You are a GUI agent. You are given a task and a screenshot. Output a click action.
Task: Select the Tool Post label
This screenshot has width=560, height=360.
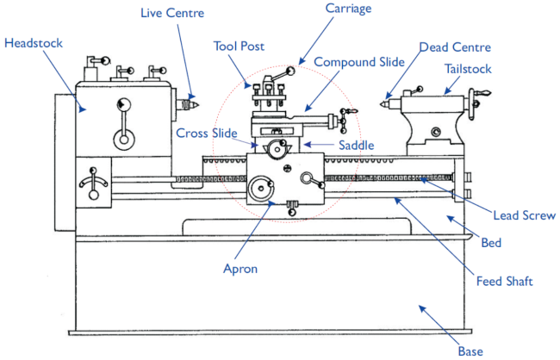(x=240, y=46)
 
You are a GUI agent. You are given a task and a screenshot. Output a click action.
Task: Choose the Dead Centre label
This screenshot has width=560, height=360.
(x=454, y=47)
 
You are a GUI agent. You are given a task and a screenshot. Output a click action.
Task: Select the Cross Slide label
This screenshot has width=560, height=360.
(x=207, y=133)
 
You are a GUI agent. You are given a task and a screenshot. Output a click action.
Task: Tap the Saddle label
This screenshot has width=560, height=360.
(x=356, y=146)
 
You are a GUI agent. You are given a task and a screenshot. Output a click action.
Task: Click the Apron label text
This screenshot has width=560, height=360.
(x=240, y=269)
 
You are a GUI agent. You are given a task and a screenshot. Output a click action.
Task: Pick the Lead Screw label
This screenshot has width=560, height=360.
(x=524, y=215)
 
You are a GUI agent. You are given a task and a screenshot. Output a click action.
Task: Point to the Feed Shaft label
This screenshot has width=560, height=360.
(x=504, y=281)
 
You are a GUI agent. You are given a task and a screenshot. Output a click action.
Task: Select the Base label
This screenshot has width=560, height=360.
(x=470, y=351)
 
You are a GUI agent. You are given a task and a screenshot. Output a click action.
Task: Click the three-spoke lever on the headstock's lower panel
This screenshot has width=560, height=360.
(x=90, y=183)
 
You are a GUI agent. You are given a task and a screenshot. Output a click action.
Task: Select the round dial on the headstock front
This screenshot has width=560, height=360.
(x=125, y=106)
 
